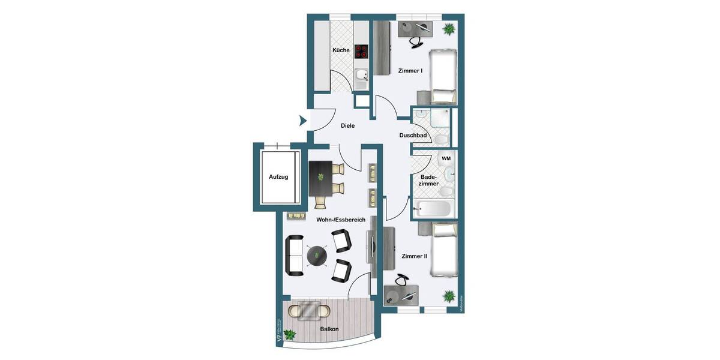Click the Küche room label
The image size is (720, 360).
click(341, 50)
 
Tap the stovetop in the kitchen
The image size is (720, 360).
click(361, 51)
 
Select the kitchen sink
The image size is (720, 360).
click(361, 76)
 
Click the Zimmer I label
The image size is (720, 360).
click(410, 71)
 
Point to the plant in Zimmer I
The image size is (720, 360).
click(448, 29)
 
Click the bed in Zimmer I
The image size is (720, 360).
click(443, 76)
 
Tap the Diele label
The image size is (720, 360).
click(347, 126)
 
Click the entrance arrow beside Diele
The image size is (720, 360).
click(303, 121)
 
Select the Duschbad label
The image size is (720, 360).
click(413, 136)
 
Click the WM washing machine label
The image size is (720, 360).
click(446, 158)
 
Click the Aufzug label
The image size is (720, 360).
click(278, 177)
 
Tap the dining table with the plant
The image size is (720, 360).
click(320, 178)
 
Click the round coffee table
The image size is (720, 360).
click(316, 256)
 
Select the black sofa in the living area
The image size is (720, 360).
click(294, 255)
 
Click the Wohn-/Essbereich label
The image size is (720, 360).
click(341, 220)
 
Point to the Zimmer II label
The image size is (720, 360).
click(415, 256)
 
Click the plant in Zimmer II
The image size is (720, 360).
click(448, 295)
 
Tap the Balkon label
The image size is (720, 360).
click(329, 329)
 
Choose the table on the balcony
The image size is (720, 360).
click(310, 311)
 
